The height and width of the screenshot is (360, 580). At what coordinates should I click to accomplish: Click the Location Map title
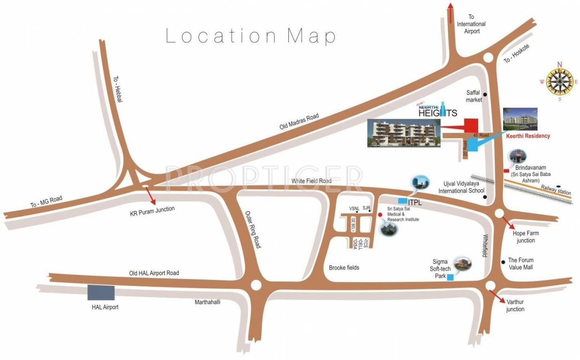coord(251,36)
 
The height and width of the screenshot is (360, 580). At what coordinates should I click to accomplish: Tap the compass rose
coord(558,82)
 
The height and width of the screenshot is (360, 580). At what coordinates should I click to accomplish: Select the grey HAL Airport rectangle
coord(101,292)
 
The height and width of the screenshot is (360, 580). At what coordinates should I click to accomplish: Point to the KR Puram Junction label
coord(152,211)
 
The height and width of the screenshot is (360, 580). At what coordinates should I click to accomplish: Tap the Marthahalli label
coord(207,302)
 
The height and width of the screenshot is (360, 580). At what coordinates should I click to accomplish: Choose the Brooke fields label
coord(344,268)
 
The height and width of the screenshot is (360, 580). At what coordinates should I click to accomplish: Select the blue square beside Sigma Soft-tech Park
coord(450,277)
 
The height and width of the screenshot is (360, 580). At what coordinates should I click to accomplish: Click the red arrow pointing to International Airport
coord(451,12)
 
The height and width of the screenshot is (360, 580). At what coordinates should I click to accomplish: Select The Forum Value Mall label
coord(520,263)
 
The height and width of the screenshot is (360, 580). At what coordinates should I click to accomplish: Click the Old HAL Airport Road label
coord(154,273)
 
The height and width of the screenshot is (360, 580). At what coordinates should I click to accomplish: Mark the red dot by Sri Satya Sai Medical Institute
coord(380,215)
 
